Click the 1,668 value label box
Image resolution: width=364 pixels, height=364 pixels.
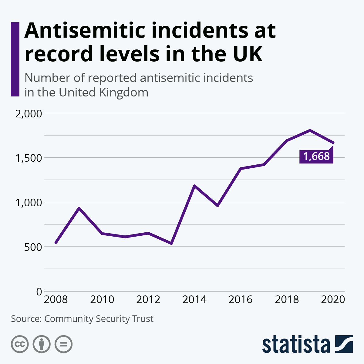(316, 156)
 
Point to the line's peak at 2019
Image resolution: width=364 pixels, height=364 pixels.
(310, 130)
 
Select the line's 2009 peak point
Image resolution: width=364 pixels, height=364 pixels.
(79, 208)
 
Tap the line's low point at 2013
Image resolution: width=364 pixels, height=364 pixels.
(171, 243)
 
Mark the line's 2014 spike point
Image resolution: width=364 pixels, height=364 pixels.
(194, 186)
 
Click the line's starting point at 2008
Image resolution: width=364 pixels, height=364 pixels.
(56, 242)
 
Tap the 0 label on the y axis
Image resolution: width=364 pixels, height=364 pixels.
(39, 292)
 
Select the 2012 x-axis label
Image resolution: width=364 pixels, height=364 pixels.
(148, 300)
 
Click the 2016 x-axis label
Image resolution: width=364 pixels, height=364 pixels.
(241, 300)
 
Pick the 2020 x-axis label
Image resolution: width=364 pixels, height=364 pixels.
(333, 300)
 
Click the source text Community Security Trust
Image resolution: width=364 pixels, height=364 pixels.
(99, 319)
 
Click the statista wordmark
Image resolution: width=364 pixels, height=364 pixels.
(296, 345)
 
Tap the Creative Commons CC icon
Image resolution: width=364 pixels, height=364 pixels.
(20, 344)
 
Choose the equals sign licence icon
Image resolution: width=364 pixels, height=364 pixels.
(63, 344)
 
